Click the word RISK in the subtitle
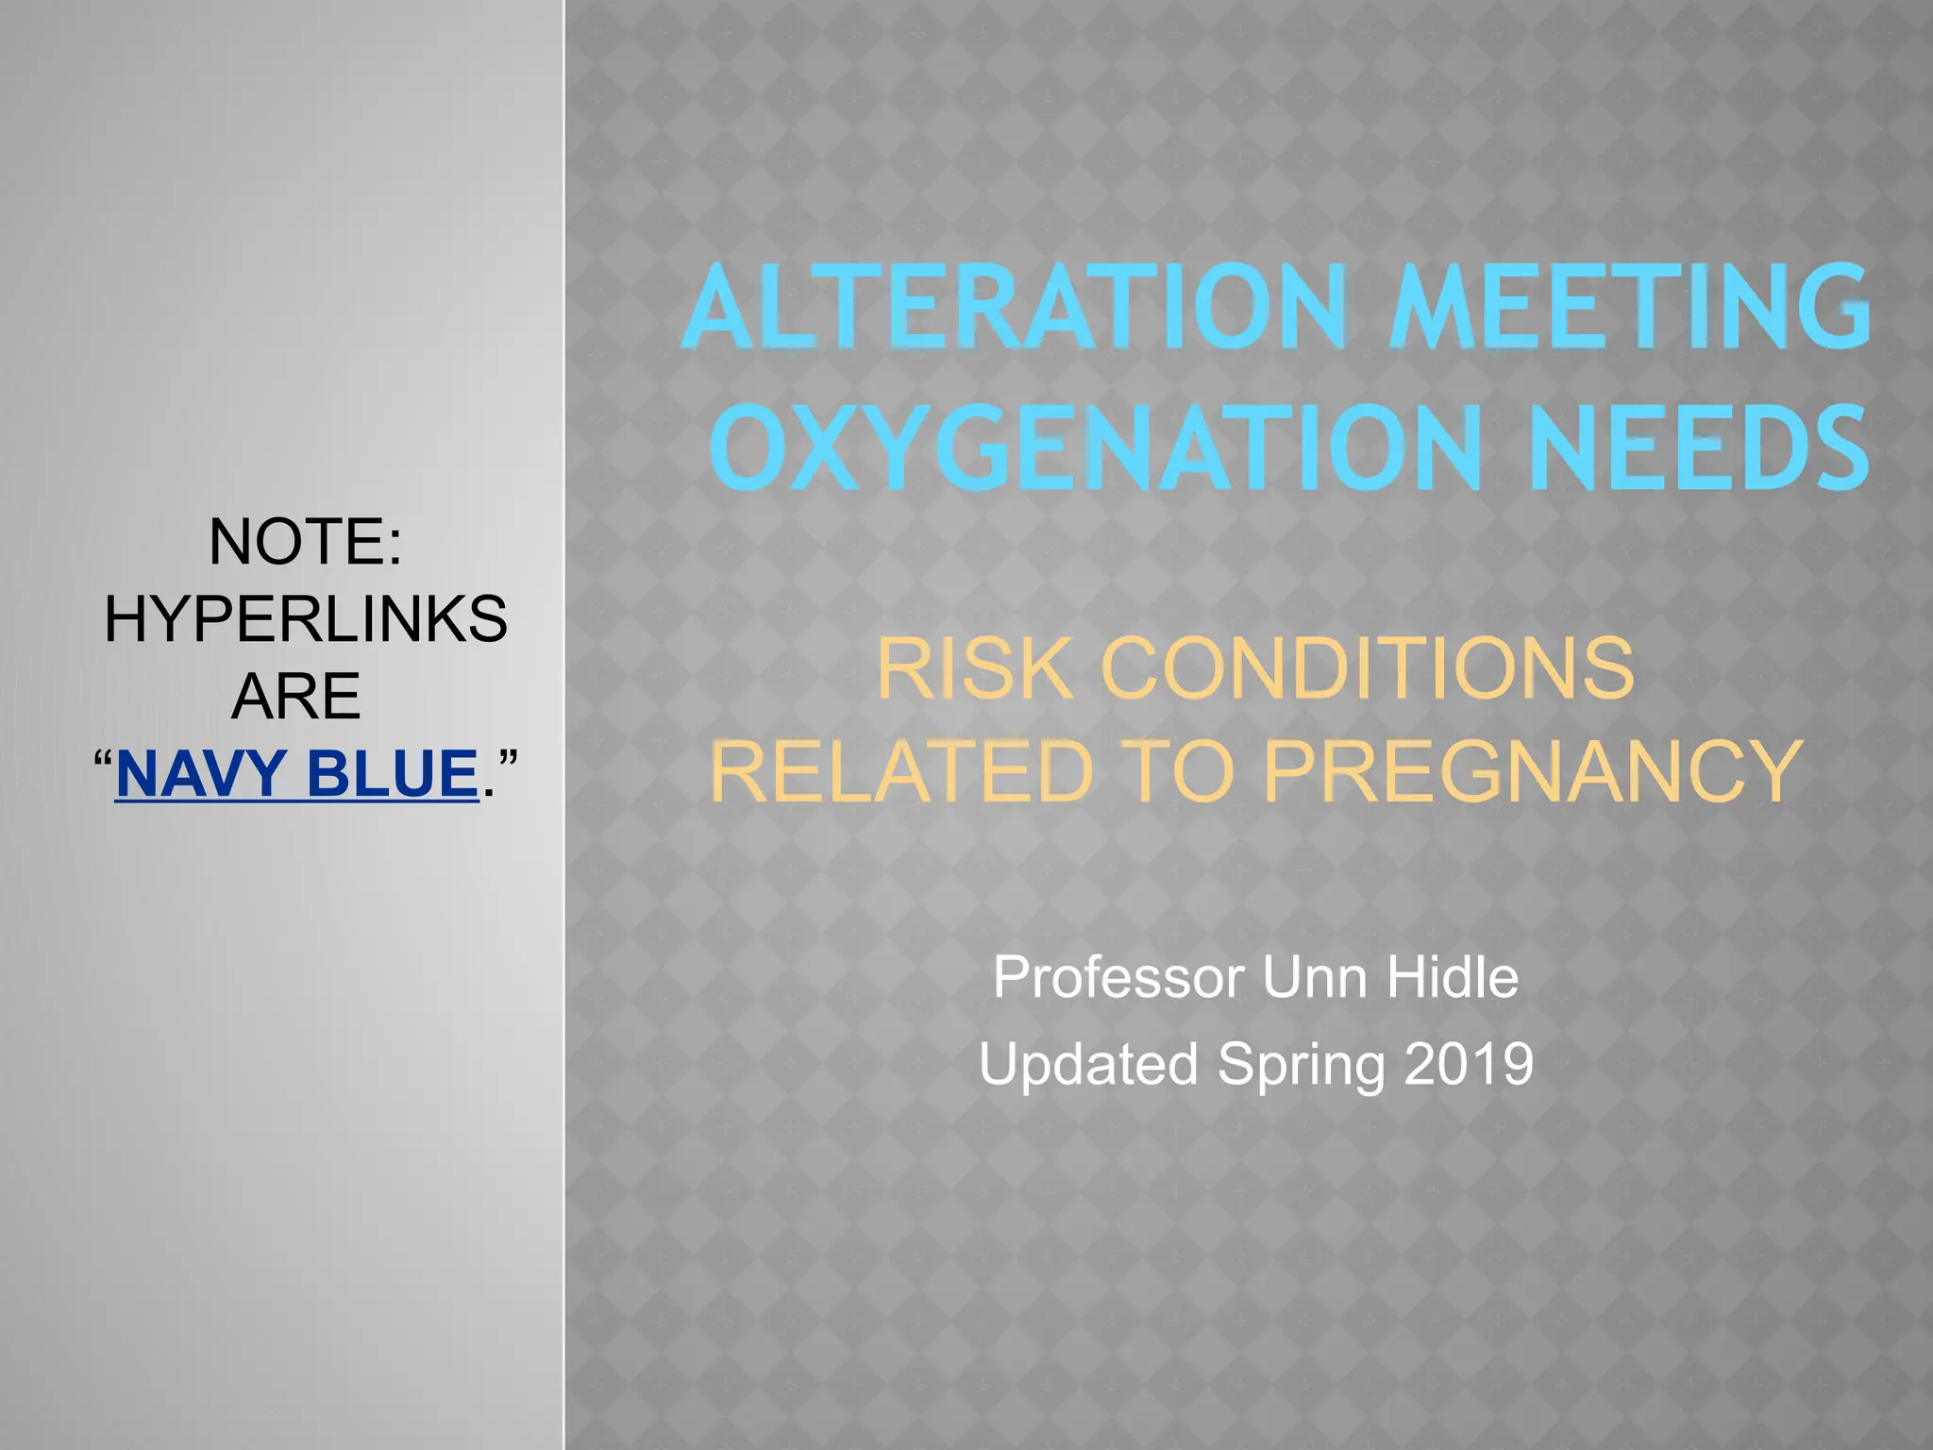click(972, 668)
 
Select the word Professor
click(1118, 977)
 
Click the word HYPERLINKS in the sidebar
click(305, 619)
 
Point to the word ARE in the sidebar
click(295, 697)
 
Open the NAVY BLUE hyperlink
click(296, 773)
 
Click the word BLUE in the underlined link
click(393, 773)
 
